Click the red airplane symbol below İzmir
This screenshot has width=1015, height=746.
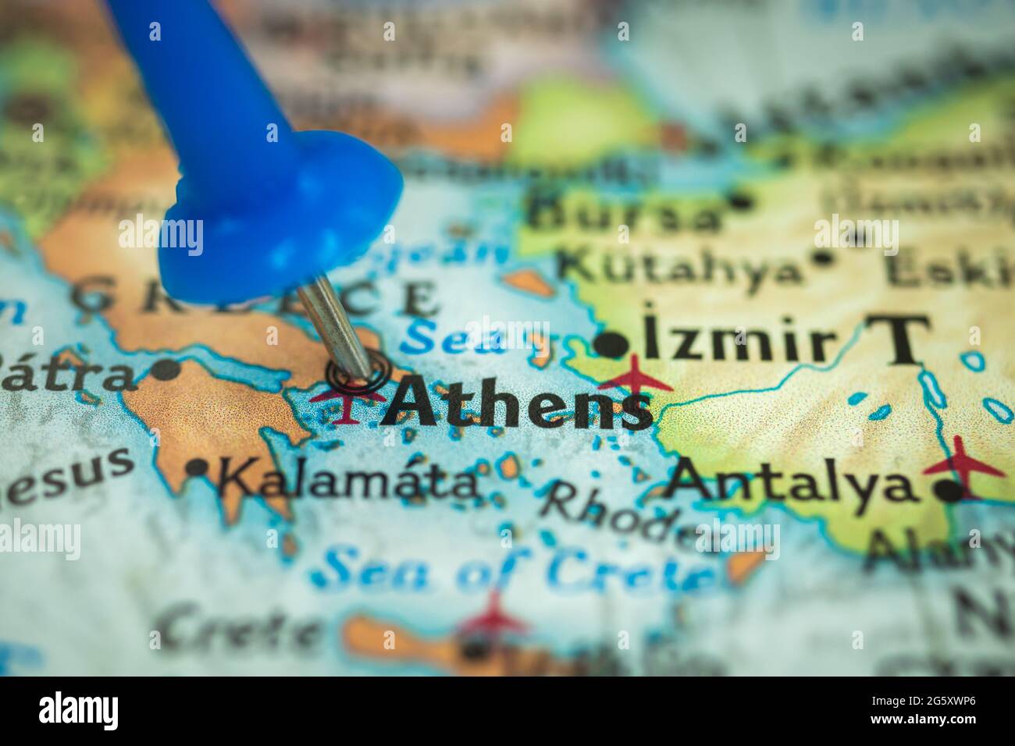(x=636, y=377)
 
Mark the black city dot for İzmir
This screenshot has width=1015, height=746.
(x=611, y=344)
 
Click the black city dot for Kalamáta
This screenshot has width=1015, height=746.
(x=198, y=467)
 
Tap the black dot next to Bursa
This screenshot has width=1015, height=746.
(x=740, y=201)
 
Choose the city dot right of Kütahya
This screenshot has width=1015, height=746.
(x=822, y=257)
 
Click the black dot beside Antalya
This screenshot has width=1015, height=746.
(x=948, y=491)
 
